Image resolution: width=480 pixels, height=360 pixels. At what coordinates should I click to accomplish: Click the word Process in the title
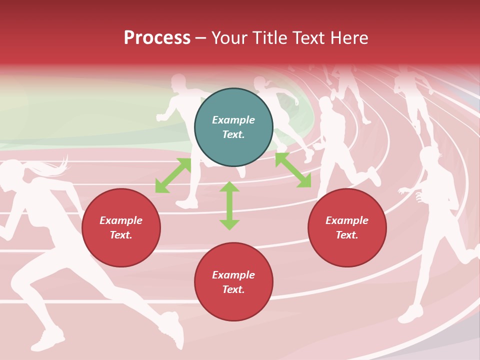point(157,38)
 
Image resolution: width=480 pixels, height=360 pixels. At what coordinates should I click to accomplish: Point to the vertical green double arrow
point(229,205)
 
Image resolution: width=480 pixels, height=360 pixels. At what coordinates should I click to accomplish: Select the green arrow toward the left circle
point(173,175)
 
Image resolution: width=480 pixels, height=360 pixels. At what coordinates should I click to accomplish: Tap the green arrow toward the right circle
point(293,170)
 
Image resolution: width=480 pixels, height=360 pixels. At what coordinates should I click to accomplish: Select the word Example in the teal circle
point(233,120)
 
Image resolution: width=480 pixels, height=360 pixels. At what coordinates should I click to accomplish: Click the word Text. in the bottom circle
point(233,289)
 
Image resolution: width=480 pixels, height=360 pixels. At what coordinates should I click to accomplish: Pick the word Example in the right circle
point(347,220)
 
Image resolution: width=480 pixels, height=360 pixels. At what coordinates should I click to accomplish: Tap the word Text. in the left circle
point(121,235)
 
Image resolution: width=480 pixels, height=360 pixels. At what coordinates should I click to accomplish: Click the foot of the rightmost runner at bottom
point(410,314)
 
